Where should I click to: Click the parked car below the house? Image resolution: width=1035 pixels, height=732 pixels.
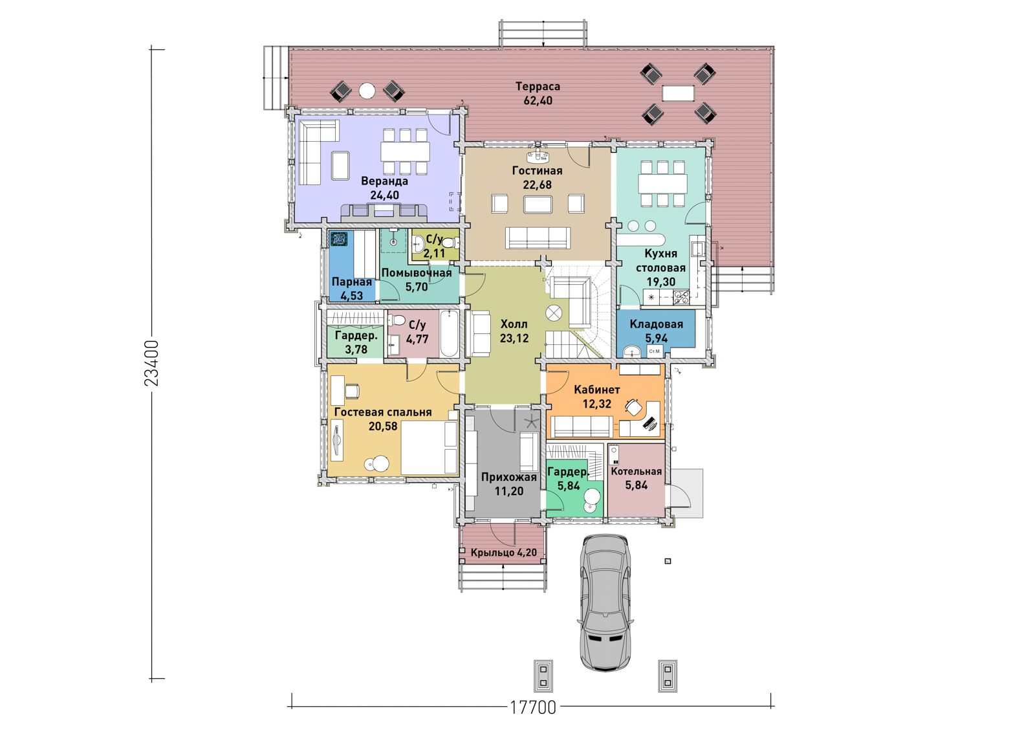tap(605, 603)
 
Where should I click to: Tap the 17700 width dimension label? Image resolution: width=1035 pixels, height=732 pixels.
tap(533, 707)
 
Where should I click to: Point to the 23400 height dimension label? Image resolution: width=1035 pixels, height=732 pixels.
tap(151, 364)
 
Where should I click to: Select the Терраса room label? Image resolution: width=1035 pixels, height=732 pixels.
tap(538, 87)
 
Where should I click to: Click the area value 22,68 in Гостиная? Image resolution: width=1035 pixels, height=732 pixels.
tap(537, 185)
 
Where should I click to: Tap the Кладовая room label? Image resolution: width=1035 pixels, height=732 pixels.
tap(656, 324)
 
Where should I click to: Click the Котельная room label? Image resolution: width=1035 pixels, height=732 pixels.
tap(637, 471)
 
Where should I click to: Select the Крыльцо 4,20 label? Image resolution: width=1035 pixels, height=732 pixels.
tap(504, 553)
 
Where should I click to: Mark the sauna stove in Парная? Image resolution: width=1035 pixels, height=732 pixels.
tap(339, 239)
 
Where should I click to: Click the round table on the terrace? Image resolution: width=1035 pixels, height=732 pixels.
tap(367, 91)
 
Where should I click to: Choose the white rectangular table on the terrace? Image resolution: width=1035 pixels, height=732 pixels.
tap(678, 93)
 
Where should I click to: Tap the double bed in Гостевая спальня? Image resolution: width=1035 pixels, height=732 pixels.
tap(430, 448)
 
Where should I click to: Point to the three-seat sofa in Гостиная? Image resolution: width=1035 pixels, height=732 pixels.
tap(538, 238)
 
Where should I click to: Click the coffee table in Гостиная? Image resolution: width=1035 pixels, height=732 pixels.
tap(538, 205)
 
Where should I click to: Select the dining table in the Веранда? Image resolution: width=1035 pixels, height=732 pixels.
tap(405, 151)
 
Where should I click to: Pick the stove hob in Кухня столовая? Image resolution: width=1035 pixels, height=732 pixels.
tap(681, 296)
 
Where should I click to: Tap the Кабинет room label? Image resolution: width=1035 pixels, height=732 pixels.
tap(597, 390)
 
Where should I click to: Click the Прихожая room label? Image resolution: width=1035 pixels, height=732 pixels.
tap(508, 477)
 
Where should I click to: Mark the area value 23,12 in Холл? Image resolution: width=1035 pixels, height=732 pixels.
tap(514, 338)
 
